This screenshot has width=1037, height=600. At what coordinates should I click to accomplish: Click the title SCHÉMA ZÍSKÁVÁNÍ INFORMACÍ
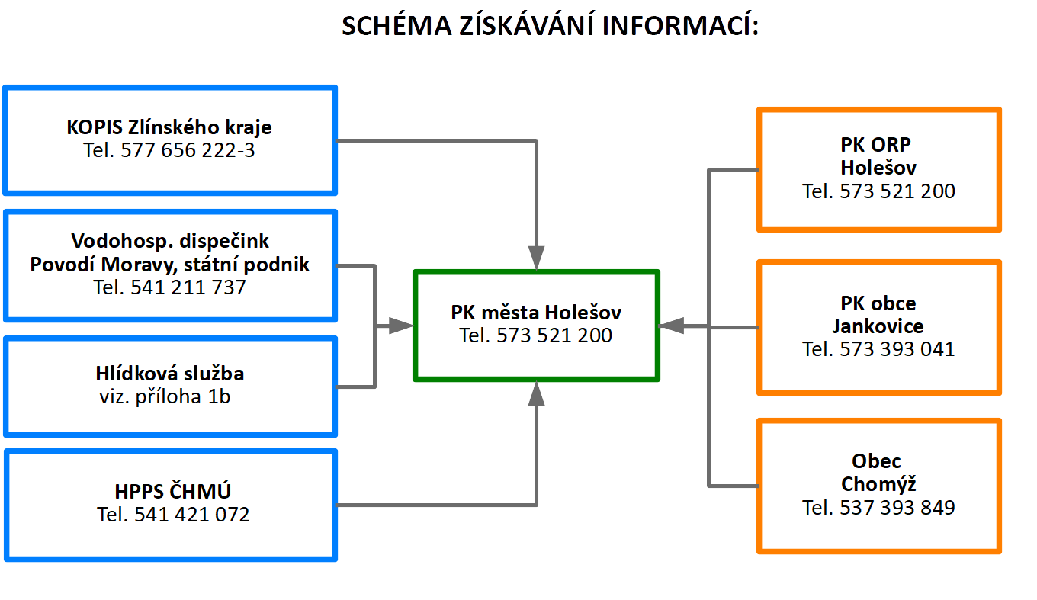(550, 26)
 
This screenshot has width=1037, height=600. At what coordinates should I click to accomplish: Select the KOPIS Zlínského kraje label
(169, 127)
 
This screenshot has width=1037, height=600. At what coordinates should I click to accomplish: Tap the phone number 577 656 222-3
(169, 150)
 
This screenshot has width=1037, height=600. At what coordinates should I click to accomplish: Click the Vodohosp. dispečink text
(170, 241)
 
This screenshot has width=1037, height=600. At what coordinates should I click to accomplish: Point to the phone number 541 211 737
(170, 287)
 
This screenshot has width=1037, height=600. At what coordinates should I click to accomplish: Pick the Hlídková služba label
(170, 374)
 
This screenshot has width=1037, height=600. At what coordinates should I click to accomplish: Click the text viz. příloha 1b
(165, 396)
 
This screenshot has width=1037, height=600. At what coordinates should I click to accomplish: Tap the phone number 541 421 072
(173, 515)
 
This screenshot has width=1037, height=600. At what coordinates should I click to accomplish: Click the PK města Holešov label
(536, 312)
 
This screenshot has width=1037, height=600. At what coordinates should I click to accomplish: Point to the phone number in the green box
(536, 335)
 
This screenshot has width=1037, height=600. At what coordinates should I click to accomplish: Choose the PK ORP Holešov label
(878, 156)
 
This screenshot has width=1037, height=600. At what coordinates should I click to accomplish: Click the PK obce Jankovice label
(878, 315)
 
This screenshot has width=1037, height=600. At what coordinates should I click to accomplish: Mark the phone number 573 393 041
(878, 349)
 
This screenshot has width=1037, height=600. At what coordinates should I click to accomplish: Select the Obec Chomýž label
(878, 473)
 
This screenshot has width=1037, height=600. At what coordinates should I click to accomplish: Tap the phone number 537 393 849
(878, 508)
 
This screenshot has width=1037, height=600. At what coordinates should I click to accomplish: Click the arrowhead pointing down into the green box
(537, 258)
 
